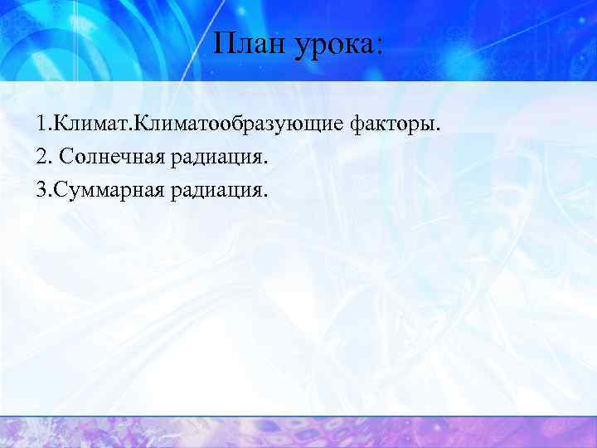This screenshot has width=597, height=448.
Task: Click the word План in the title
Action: pyautogui.click(x=246, y=43)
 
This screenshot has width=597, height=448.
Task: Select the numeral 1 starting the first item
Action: pyautogui.click(x=41, y=124)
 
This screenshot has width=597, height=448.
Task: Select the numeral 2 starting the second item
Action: pyautogui.click(x=41, y=158)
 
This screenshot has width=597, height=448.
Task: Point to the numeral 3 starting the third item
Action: pyautogui.click(x=41, y=191)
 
